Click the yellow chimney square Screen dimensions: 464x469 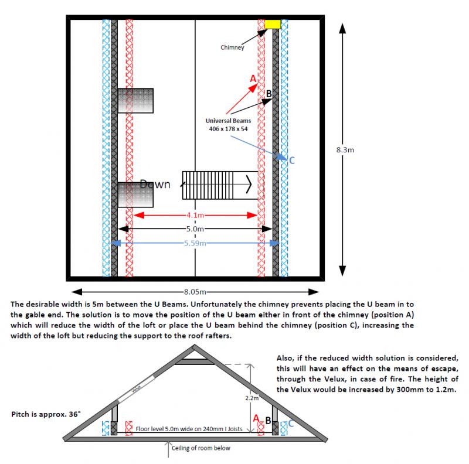tap(273, 24)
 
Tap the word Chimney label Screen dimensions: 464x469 tap(232, 47)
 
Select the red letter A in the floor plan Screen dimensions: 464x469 tap(253, 79)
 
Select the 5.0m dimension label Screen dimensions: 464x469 tap(195, 229)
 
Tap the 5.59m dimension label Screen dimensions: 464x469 tap(195, 242)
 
